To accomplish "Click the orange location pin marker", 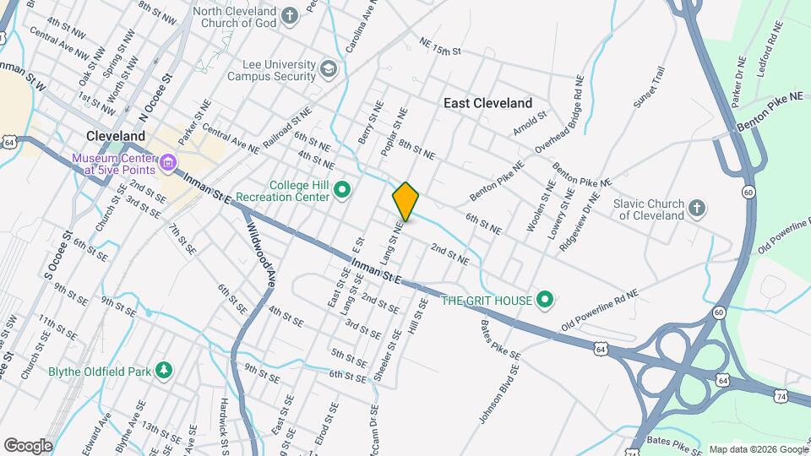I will pos(405,202).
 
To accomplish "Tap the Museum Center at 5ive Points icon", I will pos(167,162).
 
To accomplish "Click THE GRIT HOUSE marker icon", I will pos(545,300).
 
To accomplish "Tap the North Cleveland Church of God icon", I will pos(290,16).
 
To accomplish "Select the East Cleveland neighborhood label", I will pos(488,103).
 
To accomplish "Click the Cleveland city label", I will pos(117,135).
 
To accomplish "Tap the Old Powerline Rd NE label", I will pos(601,311).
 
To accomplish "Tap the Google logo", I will pos(28,446).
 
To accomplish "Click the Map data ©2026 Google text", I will pos(757,449).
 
